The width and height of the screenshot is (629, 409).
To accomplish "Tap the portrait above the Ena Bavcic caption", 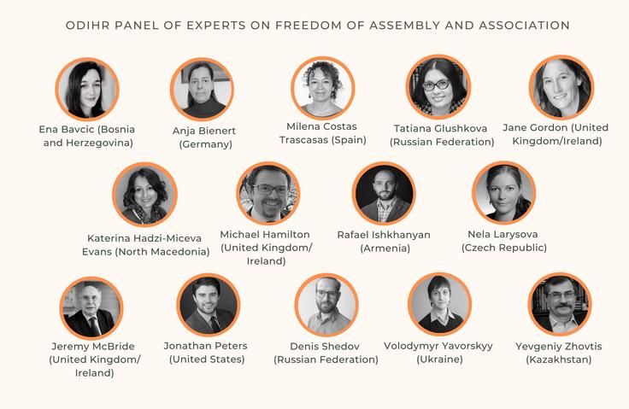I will click(x=86, y=89).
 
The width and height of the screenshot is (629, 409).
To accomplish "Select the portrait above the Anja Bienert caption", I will click(x=202, y=89).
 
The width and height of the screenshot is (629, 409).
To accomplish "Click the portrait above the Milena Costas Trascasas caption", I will click(x=323, y=87).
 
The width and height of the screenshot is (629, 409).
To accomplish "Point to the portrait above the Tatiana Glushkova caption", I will click(x=438, y=87).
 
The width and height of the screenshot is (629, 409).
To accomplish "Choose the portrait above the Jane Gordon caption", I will click(x=561, y=87).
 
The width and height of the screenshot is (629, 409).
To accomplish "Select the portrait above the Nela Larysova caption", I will click(x=504, y=193).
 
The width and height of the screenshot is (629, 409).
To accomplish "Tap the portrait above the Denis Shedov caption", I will click(x=326, y=305).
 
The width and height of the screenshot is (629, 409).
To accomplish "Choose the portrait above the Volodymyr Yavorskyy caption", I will click(x=439, y=305).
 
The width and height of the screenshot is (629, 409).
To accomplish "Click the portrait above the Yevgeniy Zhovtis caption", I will click(x=560, y=305).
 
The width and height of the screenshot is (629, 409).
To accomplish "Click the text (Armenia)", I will click(x=385, y=248).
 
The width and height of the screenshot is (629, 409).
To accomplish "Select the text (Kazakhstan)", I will click(x=560, y=359).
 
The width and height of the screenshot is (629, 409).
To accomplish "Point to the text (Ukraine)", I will click(x=439, y=359).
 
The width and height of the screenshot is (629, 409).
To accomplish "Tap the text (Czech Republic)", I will click(x=504, y=248).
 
